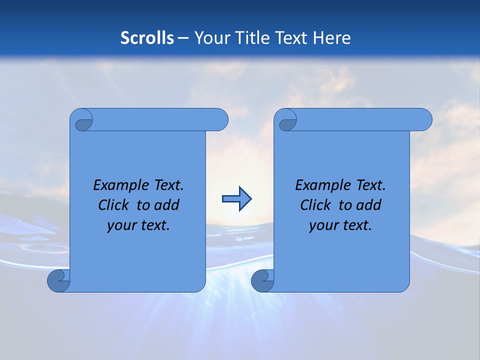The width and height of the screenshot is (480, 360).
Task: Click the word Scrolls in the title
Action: pos(147,37)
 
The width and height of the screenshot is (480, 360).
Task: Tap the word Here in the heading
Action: pos(331,37)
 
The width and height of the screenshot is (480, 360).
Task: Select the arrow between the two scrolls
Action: pos(236,199)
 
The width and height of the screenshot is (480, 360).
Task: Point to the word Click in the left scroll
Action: pos(113,205)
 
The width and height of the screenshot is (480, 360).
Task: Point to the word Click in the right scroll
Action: pos(315,205)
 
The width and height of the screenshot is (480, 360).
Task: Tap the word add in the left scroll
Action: pos(166,205)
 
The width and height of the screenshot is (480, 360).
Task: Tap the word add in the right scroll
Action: pos(368,205)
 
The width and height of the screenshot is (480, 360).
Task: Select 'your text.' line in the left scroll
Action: pos(138,225)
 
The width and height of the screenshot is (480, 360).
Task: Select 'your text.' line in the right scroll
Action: pos(340,225)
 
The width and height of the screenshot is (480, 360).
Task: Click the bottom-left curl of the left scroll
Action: pos(58,280)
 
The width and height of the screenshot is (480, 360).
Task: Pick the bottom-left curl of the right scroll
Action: pos(262,280)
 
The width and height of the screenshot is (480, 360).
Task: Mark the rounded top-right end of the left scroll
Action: pos(220,120)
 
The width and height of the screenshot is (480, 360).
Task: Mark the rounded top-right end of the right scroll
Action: pos(424,120)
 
